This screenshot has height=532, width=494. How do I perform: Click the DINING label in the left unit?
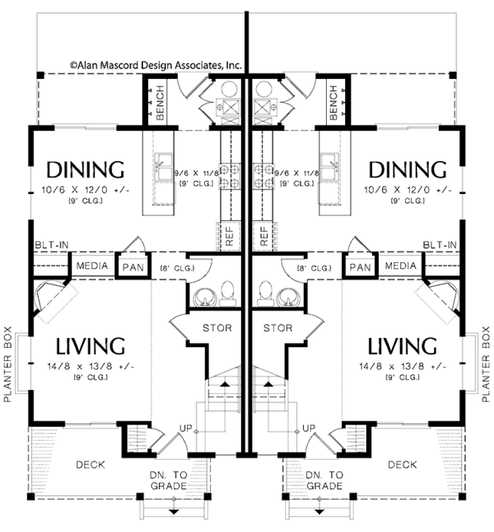tap(86, 169)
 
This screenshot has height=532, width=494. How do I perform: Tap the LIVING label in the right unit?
tap(403, 346)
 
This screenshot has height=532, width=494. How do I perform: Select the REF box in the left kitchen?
tap(230, 236)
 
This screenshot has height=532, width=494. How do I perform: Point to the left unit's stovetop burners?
tap(230, 176)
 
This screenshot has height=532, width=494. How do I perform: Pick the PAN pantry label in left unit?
tap(133, 267)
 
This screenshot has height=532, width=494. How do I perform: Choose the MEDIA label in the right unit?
tap(401, 266)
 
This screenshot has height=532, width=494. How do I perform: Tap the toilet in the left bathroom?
tap(227, 294)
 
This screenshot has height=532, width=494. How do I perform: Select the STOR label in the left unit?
tap(217, 328)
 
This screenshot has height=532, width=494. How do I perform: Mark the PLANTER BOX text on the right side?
tap(486, 364)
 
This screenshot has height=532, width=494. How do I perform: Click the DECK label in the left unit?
tap(91, 465)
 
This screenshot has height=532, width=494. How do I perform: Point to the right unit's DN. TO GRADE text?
tap(324, 480)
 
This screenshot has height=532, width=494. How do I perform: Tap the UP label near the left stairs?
tap(185, 428)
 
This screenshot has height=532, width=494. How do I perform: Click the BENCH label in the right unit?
tap(333, 103)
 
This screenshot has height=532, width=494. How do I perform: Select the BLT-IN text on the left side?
tap(52, 245)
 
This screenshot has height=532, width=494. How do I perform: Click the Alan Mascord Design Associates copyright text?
tap(156, 65)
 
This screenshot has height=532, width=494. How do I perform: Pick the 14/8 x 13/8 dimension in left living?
tap(91, 367)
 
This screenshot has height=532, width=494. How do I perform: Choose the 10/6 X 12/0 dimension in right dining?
tap(408, 190)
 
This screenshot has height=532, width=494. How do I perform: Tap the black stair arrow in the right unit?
tap(268, 384)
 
